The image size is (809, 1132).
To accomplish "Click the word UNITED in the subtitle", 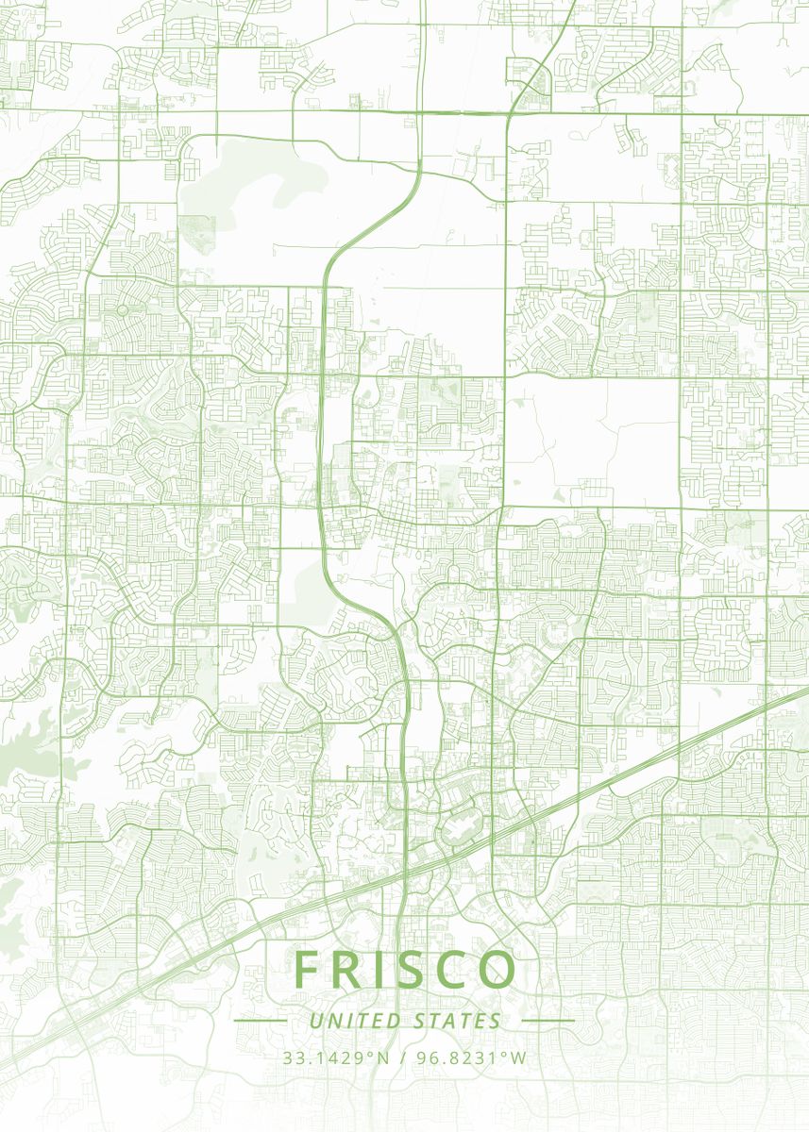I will [x=355, y=1021].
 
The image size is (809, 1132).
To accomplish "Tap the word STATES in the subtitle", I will [x=458, y=1021].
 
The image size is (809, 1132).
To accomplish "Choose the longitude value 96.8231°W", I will [x=472, y=1057].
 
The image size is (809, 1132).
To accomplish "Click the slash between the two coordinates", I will [x=403, y=1057].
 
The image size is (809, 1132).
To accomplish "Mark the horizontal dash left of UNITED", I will [x=260, y=1021].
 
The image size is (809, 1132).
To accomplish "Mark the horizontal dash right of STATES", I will [x=548, y=1021].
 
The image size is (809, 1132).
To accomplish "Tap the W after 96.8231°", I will [x=520, y=1057].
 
